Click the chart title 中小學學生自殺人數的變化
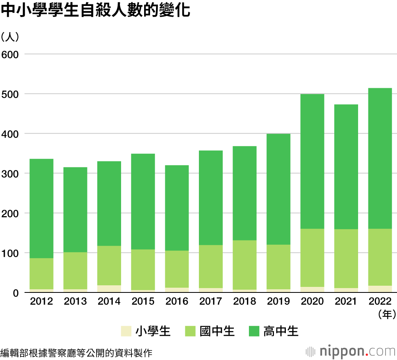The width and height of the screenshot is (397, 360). (96, 11)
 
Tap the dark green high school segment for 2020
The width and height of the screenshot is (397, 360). (312, 161)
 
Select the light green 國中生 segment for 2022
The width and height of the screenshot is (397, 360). (380, 257)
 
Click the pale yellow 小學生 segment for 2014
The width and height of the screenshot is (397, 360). (109, 289)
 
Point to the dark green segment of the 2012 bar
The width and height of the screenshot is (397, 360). (42, 209)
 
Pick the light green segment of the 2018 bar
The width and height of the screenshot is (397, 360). (245, 265)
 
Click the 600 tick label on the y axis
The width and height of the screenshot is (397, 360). (11, 54)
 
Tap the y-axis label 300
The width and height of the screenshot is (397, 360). (11, 174)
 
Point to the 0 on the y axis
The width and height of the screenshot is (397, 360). (16, 293)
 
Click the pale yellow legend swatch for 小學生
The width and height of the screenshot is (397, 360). (126, 331)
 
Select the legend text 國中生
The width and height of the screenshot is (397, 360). (217, 331)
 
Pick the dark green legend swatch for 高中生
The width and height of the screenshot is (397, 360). (253, 331)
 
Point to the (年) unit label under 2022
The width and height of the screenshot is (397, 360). (387, 314)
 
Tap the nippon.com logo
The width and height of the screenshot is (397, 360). (351, 351)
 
